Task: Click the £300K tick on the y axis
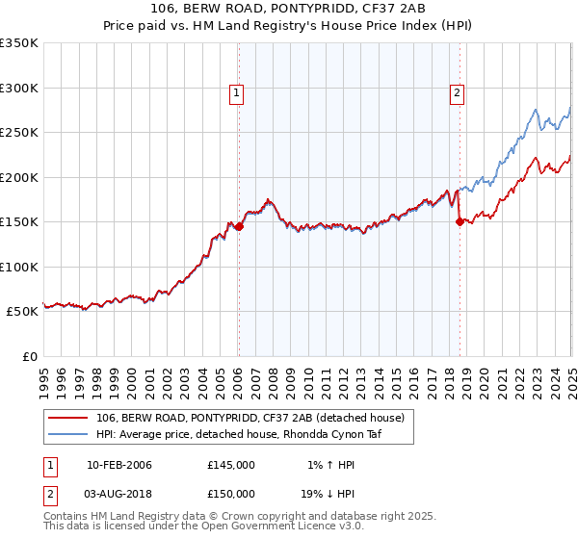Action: (18, 88)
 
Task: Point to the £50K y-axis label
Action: (21, 312)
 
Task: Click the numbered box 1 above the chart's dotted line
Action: (237, 93)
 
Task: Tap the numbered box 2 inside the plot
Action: (457, 93)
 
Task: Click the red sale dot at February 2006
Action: (239, 227)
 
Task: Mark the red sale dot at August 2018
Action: (460, 222)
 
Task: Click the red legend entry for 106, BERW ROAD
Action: (255, 417)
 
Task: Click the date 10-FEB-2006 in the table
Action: (119, 465)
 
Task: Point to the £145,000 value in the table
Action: (231, 465)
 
